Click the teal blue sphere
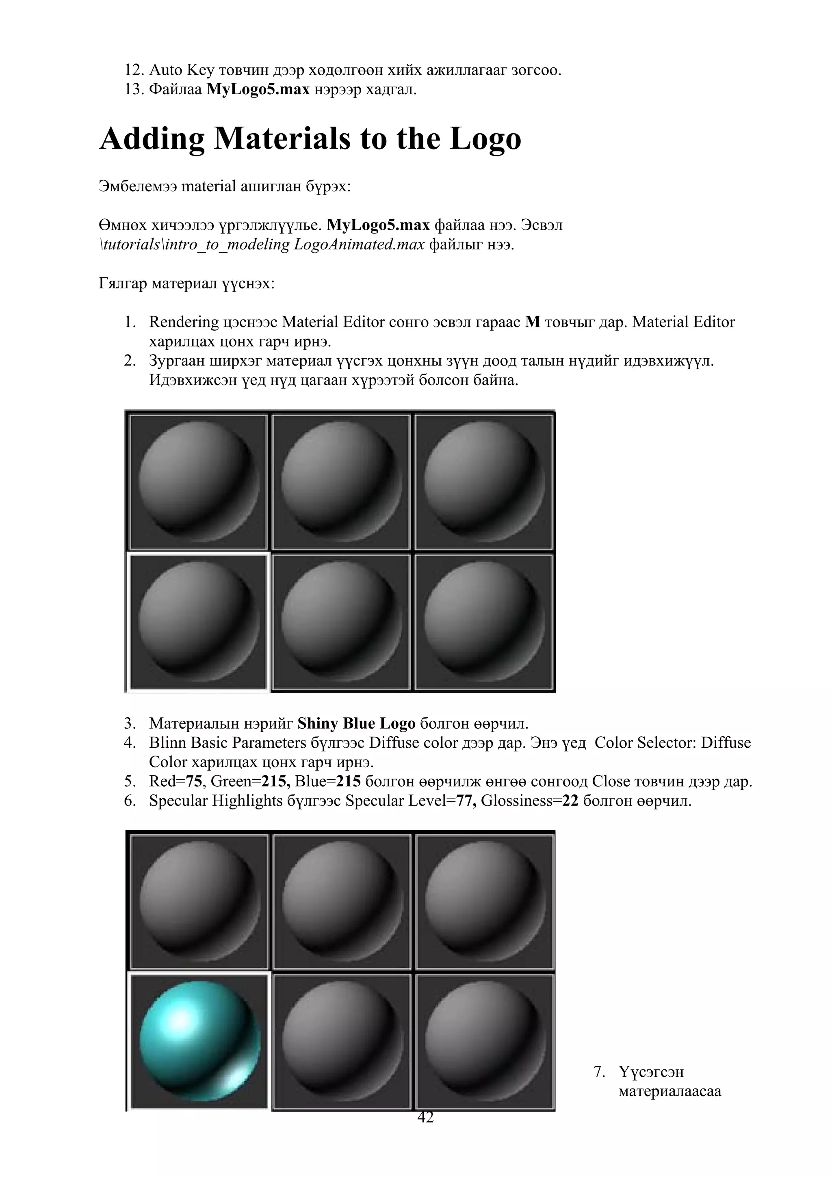[200, 1041]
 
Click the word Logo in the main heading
[485, 139]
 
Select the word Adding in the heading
[152, 139]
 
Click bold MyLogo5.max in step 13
[258, 89]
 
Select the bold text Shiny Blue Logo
[356, 723]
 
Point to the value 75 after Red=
[194, 781]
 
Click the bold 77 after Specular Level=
[466, 801]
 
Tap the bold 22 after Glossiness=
[570, 801]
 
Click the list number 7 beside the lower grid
[599, 1072]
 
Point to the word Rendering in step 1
[184, 322]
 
